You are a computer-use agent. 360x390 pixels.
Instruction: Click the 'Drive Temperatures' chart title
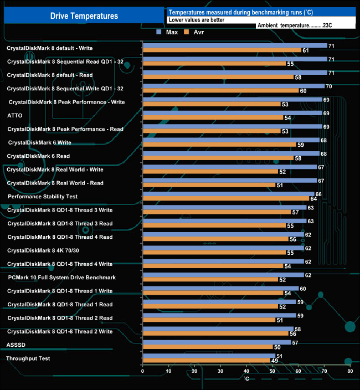84,16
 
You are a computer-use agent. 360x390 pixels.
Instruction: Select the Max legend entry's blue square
160,32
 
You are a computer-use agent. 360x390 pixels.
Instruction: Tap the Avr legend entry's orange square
186,32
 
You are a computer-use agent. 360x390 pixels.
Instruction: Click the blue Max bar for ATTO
232,113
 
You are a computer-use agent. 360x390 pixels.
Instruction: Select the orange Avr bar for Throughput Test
206,361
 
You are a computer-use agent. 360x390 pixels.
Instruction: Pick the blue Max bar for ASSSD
217,342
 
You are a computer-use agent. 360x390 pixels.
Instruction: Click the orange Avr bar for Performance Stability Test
225,199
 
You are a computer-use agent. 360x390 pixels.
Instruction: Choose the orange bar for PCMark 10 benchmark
210,280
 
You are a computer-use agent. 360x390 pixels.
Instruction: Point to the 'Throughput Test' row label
28,358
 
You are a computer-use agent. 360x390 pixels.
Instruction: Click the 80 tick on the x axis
350,371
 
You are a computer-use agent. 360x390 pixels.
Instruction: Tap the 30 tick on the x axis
220,371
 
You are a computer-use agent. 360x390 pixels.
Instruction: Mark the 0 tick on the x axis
143,371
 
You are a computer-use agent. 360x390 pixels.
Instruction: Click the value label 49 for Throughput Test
274,361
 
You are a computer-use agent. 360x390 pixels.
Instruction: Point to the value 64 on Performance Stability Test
313,199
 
